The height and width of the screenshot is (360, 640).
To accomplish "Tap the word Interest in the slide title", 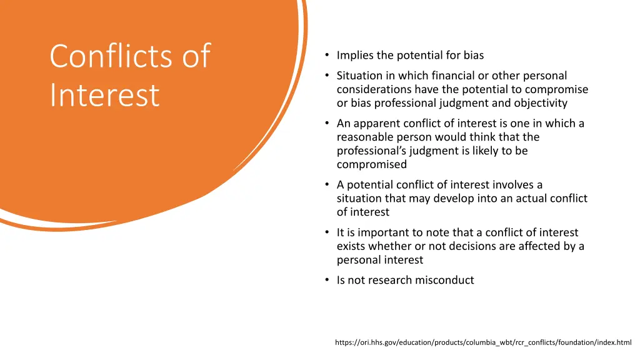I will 104,95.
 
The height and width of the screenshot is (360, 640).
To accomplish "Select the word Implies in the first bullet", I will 355,55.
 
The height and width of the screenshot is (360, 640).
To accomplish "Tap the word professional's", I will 371,151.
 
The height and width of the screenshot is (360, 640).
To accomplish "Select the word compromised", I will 371,164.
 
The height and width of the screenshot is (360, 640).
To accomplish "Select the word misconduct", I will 442,280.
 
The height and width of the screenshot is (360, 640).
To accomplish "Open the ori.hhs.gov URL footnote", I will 483,342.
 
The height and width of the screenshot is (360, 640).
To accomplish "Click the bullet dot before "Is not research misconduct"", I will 327,280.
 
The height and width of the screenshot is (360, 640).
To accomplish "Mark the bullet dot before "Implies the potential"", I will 327,55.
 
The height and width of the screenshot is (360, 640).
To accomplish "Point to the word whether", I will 388,246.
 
